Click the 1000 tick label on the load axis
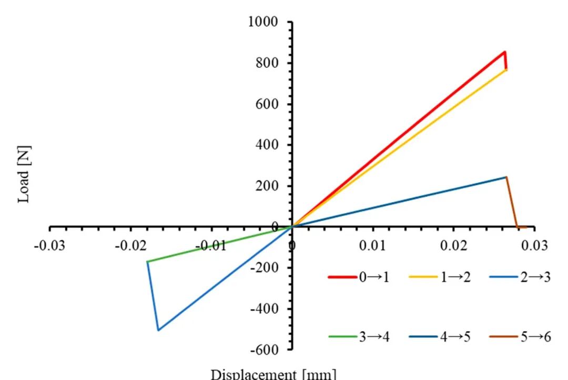pos(263,22)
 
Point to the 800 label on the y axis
pos(267,63)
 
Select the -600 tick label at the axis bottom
pos(265,350)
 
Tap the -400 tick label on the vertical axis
pos(265,309)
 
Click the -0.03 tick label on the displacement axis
pos(49,246)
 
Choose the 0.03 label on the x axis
pos(535,246)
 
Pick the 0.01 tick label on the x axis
pos(372,246)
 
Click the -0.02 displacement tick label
pos(131,246)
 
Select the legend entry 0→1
pos(359,277)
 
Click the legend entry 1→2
pos(440,277)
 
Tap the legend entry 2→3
pos(520,277)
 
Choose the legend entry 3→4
pos(359,337)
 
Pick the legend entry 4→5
pos(440,337)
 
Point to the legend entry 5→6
pos(520,337)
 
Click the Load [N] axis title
pos(24,174)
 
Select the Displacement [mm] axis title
pos(273,374)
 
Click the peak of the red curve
pos(504,52)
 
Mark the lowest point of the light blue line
pos(158,330)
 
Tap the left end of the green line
pos(147,262)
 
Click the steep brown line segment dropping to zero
pos(512,202)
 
